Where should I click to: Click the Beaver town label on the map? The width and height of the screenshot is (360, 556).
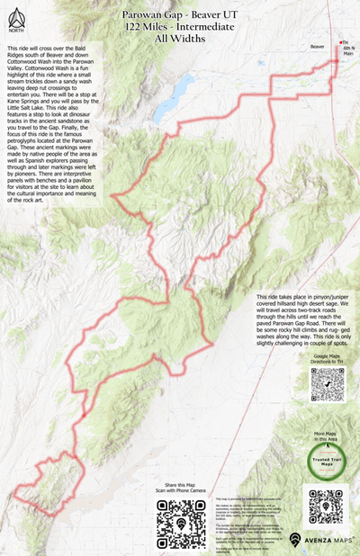pos(317,44)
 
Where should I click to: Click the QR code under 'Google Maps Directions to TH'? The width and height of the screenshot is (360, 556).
pos(328,384)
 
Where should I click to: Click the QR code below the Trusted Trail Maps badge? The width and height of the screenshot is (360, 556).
pos(327,510)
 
